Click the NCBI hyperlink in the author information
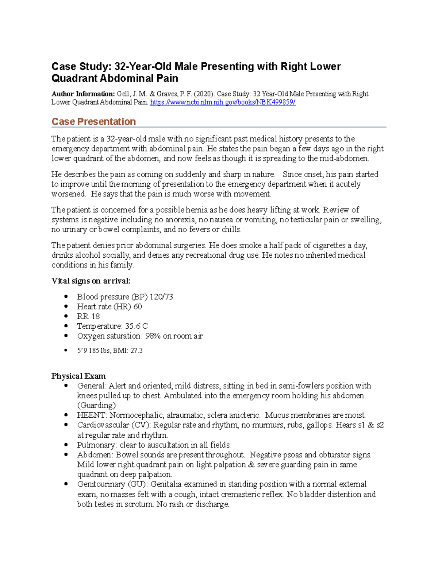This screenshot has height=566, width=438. pyautogui.click(x=223, y=102)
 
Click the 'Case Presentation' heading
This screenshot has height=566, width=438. pyautogui.click(x=93, y=122)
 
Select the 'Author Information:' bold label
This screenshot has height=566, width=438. pyautogui.click(x=83, y=94)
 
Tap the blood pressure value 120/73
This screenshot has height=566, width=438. pyautogui.click(x=161, y=297)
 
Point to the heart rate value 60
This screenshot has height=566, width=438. pyautogui.click(x=138, y=307)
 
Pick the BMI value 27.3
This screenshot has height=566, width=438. pyautogui.click(x=137, y=351)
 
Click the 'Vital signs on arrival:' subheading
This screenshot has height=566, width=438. pyautogui.click(x=91, y=281)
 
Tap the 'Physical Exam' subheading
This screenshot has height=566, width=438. pyautogui.click(x=78, y=376)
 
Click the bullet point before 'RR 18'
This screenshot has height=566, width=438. pyautogui.click(x=66, y=316)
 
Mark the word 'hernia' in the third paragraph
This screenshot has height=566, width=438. pyautogui.click(x=196, y=210)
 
